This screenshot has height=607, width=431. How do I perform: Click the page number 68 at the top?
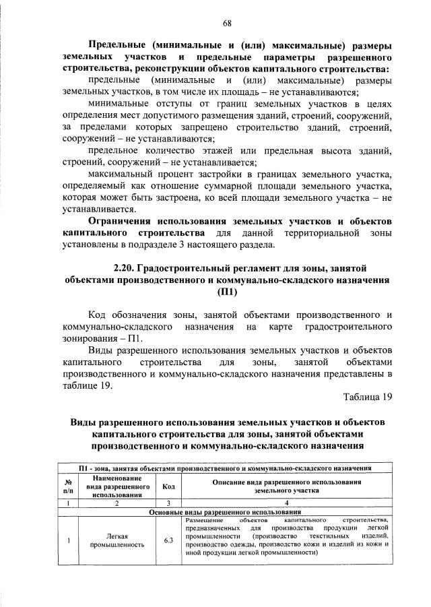point(228,23)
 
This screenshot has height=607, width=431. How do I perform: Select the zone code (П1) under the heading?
point(228,292)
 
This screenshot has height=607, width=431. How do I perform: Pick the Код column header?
point(168,487)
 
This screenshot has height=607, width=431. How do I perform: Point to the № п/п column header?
point(68,487)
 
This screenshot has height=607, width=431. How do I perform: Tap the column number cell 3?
point(168,503)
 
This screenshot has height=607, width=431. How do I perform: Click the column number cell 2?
point(117,503)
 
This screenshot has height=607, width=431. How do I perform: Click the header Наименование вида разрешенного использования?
point(117,486)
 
